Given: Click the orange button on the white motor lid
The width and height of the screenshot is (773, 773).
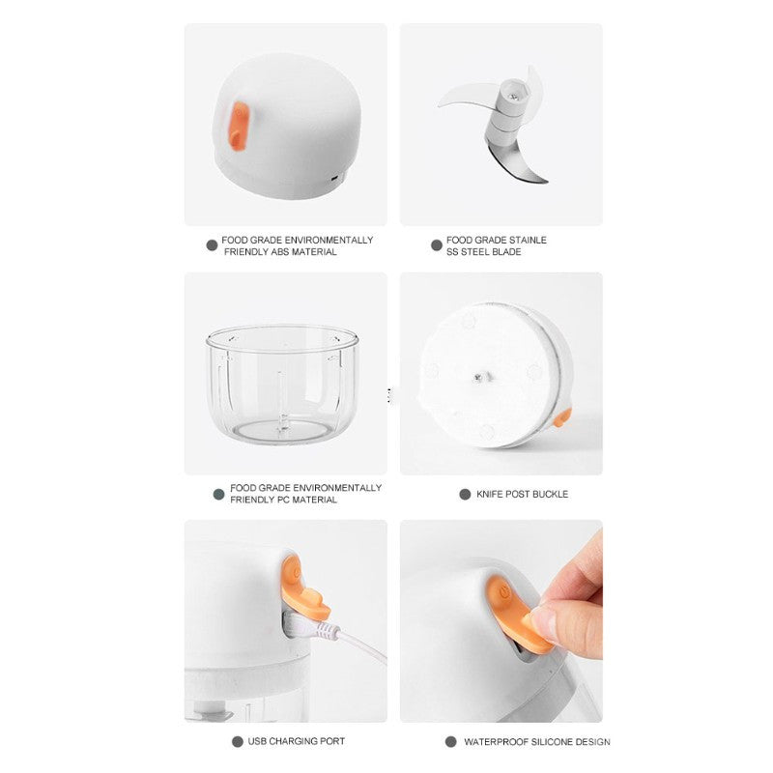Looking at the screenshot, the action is point(239,127).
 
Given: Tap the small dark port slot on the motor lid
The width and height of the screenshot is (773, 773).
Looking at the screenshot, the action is point(334,178).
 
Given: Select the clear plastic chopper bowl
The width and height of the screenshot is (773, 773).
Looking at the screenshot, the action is point(282,385).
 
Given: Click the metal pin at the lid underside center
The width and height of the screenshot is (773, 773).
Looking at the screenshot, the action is point(478,378).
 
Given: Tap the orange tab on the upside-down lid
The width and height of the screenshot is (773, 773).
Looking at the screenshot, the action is point(562,417).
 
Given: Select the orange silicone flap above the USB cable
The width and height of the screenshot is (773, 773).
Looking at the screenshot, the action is point(302,588).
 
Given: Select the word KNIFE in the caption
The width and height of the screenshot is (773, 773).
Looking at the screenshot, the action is point(489,494).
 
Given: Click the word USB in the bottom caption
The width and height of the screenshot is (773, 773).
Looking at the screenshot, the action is point(257,741).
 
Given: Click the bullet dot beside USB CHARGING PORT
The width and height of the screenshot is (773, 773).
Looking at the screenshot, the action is point(238,741).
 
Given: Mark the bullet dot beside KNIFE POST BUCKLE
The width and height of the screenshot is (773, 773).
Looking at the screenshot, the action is point(465,494).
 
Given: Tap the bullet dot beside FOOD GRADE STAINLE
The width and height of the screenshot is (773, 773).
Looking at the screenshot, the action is point(437,245).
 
